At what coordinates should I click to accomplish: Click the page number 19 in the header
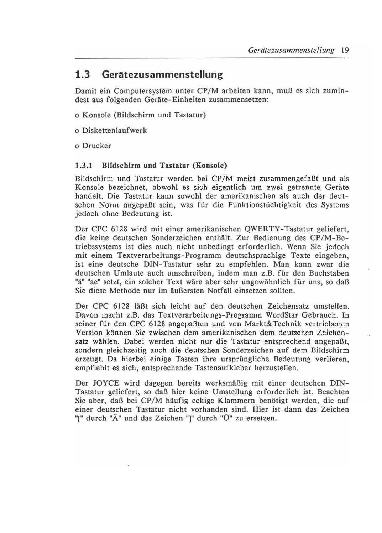point(344,50)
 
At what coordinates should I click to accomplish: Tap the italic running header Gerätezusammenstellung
point(291,50)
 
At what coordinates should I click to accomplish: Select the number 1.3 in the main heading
point(82,75)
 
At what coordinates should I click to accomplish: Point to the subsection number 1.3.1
point(84,166)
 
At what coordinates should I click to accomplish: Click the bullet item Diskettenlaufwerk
point(114,131)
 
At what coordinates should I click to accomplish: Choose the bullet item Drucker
point(96,146)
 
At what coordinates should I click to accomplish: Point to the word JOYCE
point(106,383)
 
